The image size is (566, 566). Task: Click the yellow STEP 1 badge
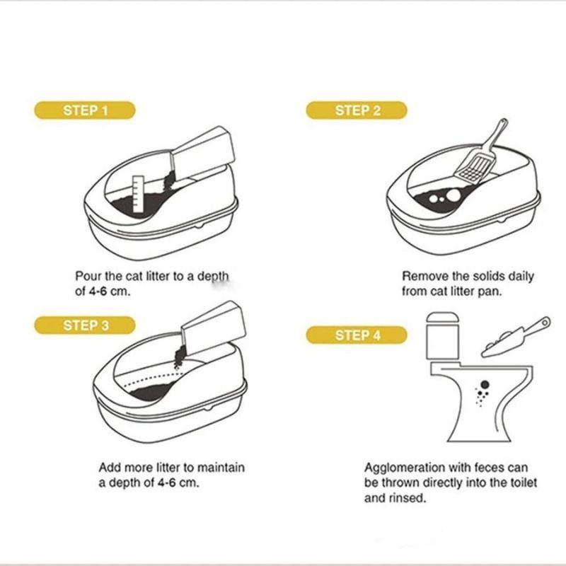(x=85, y=110)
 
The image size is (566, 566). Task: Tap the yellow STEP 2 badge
(x=357, y=110)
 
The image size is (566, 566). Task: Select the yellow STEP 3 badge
(x=85, y=325)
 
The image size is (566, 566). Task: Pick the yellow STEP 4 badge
(x=357, y=335)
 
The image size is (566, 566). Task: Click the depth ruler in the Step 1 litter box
(x=138, y=194)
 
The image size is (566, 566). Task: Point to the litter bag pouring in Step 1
(x=202, y=151)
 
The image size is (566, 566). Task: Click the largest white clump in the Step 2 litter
(x=454, y=195)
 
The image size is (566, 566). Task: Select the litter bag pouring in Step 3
(x=213, y=325)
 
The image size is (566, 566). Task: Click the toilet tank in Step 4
(x=443, y=336)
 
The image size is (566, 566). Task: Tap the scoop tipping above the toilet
(x=516, y=337)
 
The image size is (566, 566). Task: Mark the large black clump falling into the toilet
(x=485, y=384)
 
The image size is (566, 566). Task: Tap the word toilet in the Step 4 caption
(x=524, y=483)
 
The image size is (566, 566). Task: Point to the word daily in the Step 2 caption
(x=521, y=277)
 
